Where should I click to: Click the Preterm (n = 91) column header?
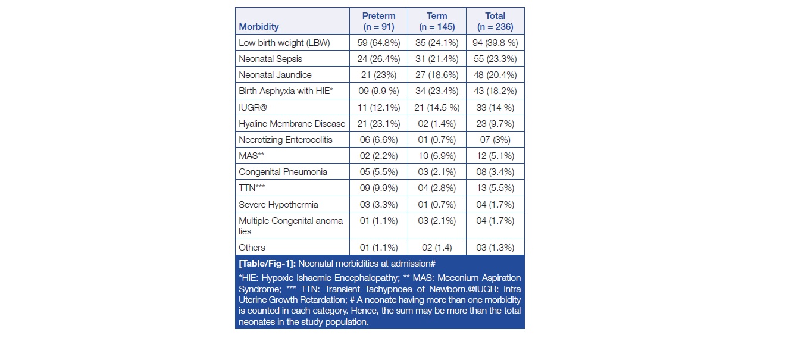[378, 21]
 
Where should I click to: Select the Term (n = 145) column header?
[436, 21]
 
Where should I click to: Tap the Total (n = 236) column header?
[495, 21]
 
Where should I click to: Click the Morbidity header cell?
[259, 27]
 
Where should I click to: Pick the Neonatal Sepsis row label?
[270, 59]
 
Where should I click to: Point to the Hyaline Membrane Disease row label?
[292, 124]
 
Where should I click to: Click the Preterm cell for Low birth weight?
[378, 43]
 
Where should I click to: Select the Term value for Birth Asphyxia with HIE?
[436, 91]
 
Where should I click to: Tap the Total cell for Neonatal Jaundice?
[495, 75]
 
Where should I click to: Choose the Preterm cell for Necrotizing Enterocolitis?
[378, 140]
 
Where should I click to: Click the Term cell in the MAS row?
[436, 156]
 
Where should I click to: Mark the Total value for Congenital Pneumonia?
[495, 172]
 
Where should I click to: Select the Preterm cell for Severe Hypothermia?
[378, 205]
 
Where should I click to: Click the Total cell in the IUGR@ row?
[495, 108]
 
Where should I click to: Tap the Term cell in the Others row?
[436, 248]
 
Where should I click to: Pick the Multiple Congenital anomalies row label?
[292, 226]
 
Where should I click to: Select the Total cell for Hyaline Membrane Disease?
[495, 124]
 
